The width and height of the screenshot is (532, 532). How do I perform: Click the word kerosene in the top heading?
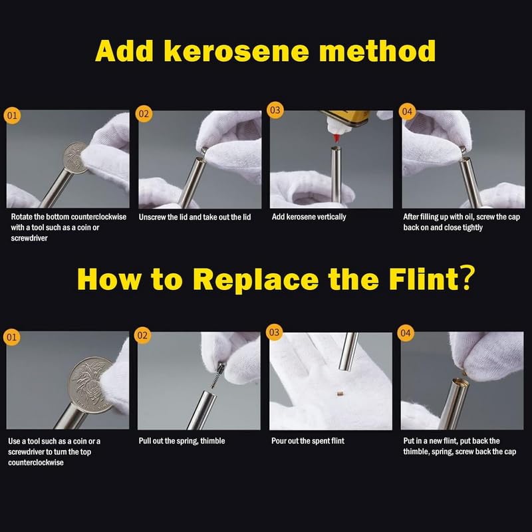click(x=237, y=51)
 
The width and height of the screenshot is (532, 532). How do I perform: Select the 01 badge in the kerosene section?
click(x=12, y=115)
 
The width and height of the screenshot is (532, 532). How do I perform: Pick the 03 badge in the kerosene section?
click(x=275, y=110)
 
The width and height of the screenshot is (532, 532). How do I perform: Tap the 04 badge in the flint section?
click(x=406, y=333)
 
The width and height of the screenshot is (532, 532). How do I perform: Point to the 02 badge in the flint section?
click(x=142, y=336)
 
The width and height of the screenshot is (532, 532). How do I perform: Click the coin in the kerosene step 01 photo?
click(x=75, y=158)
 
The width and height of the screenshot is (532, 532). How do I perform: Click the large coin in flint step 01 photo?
click(x=90, y=385)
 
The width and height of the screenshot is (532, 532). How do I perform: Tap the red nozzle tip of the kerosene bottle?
click(x=336, y=138)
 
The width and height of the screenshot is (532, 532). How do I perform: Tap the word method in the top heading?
click(x=378, y=51)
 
